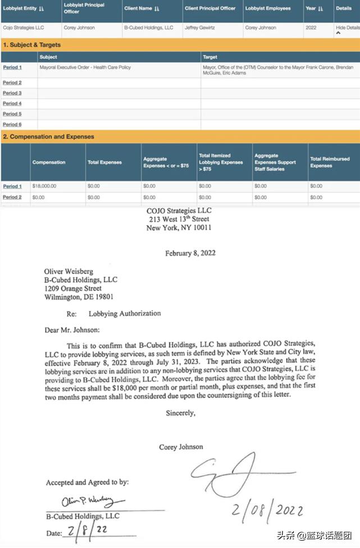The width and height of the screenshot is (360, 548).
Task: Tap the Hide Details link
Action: click(347, 28)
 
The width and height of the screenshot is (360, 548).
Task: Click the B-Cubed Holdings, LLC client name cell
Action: click(149, 28)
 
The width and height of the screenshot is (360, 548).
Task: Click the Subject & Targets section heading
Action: click(32, 44)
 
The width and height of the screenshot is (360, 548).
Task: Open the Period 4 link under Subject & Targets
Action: click(12, 103)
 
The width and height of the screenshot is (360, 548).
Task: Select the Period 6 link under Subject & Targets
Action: click(12, 124)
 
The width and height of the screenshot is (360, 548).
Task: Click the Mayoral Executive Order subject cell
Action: click(85, 67)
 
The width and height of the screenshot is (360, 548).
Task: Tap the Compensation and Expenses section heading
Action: click(48, 136)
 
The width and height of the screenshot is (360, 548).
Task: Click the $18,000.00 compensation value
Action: click(44, 186)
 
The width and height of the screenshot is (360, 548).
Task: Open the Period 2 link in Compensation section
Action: click(12, 197)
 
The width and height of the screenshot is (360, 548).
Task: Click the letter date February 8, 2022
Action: click(190, 253)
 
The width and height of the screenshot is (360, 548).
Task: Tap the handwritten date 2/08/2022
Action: click(269, 510)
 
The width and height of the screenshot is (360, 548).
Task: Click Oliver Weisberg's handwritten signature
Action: click(87, 500)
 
